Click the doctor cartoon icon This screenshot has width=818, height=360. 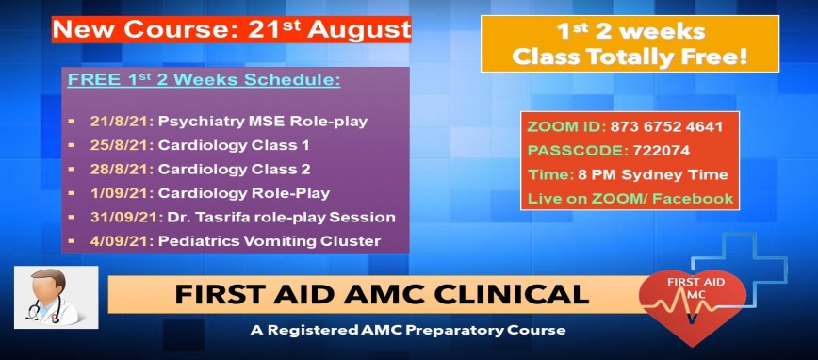point(56,297)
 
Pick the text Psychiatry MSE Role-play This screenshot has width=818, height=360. point(263,122)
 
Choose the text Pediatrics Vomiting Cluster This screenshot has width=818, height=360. point(269,241)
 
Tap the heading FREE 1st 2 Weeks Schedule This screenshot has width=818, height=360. point(204,80)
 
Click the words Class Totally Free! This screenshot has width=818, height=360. point(629,57)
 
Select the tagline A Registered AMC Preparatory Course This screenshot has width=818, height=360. point(408,331)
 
